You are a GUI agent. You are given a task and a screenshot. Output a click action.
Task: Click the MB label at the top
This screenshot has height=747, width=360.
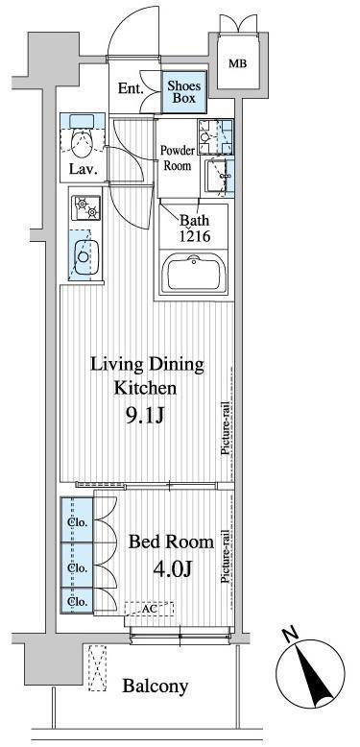(x=238, y=63)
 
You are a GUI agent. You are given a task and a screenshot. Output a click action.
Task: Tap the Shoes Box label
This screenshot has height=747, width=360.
(x=184, y=92)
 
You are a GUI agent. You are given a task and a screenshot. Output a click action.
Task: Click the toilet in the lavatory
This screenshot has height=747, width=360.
(x=81, y=139)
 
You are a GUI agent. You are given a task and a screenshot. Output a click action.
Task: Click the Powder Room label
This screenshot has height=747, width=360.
(x=177, y=158)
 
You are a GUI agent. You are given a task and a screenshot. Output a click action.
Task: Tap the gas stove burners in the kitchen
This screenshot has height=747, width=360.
(x=86, y=208)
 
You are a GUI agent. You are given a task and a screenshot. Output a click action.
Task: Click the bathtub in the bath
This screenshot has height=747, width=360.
(x=193, y=274)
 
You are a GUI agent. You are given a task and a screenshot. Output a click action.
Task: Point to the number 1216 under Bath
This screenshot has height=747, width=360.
(x=193, y=237)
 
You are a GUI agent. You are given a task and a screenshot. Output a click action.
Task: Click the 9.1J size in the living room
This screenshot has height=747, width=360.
(x=145, y=417)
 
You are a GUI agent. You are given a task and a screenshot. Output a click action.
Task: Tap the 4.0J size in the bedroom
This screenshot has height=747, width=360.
(x=172, y=568)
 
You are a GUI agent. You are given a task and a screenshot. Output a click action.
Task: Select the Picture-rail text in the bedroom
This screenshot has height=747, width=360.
(x=228, y=557)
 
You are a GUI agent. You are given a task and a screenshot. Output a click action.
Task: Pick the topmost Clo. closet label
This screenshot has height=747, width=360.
(x=77, y=522)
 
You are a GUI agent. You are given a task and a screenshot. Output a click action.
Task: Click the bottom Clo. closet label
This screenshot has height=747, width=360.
(x=77, y=601)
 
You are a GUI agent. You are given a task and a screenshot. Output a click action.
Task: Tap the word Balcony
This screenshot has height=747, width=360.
(x=156, y=687)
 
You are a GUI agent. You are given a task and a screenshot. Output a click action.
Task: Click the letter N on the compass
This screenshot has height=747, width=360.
(x=290, y=636)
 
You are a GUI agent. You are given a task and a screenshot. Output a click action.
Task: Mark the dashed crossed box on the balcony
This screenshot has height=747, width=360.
(x=98, y=668)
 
